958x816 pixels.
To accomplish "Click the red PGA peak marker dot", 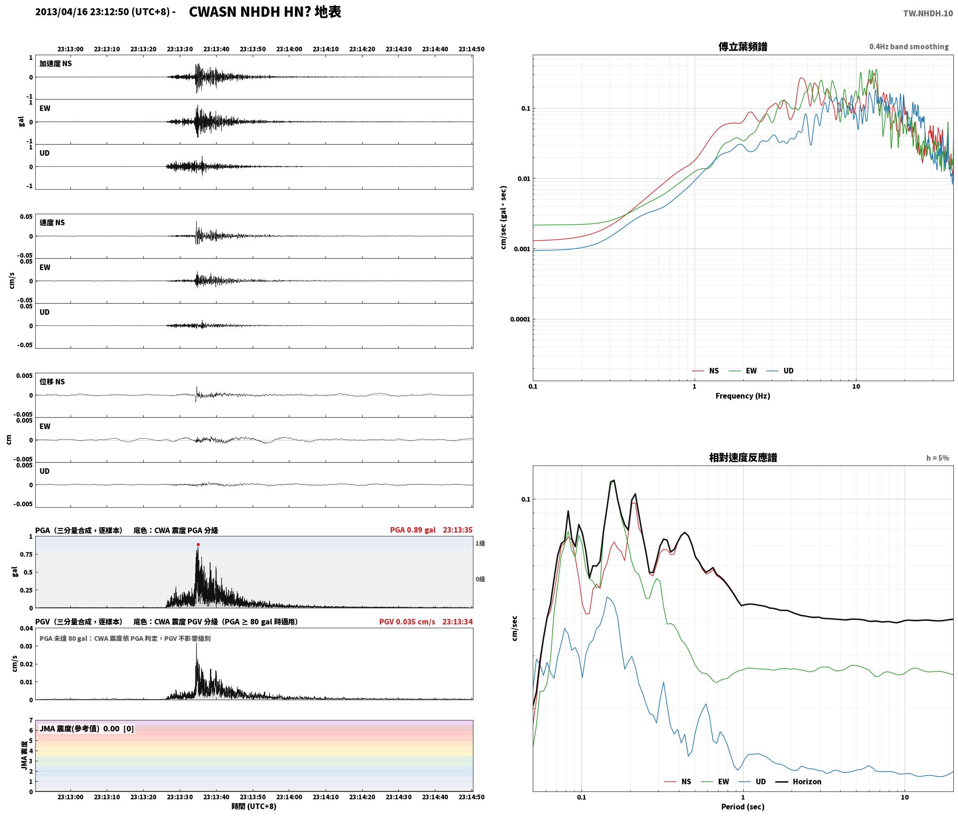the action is (x=198, y=544).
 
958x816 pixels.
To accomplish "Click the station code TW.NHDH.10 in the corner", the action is (x=928, y=13).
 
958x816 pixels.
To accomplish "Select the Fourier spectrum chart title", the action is (x=743, y=46).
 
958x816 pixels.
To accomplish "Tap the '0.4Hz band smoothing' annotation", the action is (x=909, y=46).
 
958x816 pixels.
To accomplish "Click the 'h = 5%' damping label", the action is (x=938, y=458).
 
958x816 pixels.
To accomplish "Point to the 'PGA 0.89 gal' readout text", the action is (x=413, y=529).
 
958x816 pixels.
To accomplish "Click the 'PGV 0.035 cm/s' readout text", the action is (x=407, y=621).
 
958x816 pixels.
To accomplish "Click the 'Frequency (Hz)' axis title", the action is (x=743, y=395).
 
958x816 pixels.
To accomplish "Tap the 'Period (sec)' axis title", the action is (x=743, y=806).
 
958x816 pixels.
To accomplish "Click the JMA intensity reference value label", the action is (x=87, y=728).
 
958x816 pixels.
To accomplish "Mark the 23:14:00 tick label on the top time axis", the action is (x=289, y=49).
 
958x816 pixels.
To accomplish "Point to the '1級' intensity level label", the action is (x=480, y=543).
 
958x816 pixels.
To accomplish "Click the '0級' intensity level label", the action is (x=480, y=579).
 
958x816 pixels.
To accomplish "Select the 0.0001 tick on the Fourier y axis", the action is (x=520, y=319).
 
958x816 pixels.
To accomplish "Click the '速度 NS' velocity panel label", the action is (x=52, y=223).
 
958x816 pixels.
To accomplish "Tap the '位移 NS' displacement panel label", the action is (x=52, y=382).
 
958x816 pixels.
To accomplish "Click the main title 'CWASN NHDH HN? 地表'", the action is (x=265, y=12).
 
